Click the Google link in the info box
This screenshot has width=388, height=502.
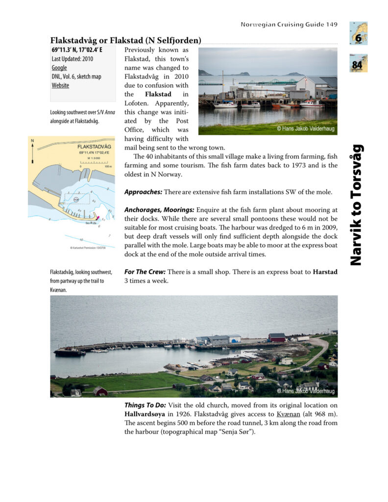pyautogui.click(x=59, y=68)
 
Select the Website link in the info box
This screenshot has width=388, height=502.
pyautogui.click(x=60, y=85)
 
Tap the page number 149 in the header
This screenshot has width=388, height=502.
pyautogui.click(x=332, y=25)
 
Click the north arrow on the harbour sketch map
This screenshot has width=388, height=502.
pyautogui.click(x=33, y=151)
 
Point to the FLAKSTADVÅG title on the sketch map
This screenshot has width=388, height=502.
pyautogui.click(x=94, y=147)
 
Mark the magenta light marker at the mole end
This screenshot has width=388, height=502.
pyautogui.click(x=98, y=217)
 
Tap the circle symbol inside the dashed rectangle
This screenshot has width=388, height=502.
pyautogui.click(x=76, y=200)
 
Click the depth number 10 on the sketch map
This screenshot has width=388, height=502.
pyautogui.click(x=81, y=240)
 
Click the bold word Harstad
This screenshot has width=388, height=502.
pyautogui.click(x=325, y=272)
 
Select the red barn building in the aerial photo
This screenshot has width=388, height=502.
pyautogui.click(x=277, y=337)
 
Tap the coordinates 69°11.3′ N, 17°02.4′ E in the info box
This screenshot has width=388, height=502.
pyautogui.click(x=77, y=50)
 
